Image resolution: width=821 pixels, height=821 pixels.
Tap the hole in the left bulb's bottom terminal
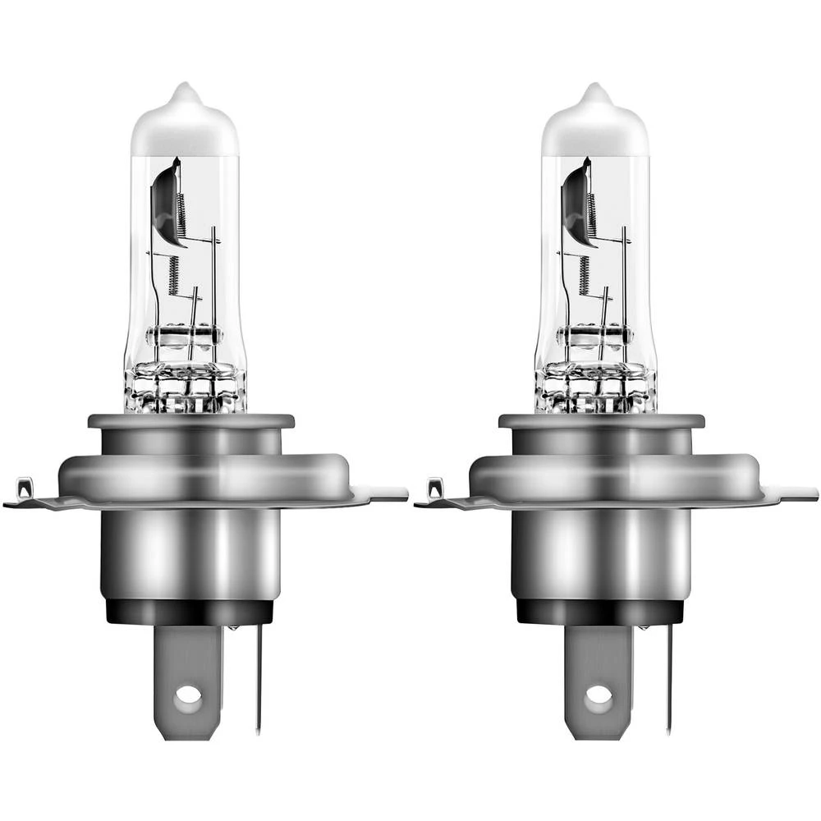pos(188,696)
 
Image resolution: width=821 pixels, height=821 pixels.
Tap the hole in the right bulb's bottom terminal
pos(598,696)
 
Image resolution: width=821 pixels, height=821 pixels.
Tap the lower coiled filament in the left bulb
pos(174,275)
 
